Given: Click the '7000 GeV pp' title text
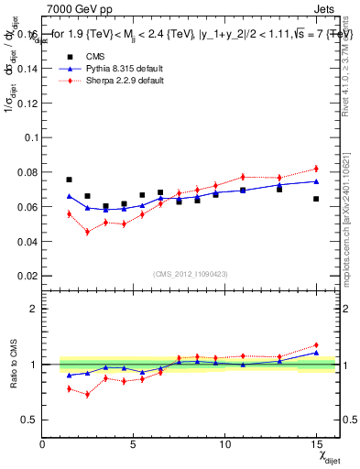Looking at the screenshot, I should tap(75, 7).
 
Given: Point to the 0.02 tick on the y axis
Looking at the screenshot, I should tap(29, 276).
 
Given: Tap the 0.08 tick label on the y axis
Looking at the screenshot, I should tap(29, 171).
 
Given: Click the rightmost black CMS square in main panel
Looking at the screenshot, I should tap(316, 199).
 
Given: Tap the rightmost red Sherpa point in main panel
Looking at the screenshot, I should tap(316, 169).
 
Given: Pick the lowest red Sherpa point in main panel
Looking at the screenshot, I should tap(87, 232).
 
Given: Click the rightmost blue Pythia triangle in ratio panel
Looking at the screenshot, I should tap(316, 352).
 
